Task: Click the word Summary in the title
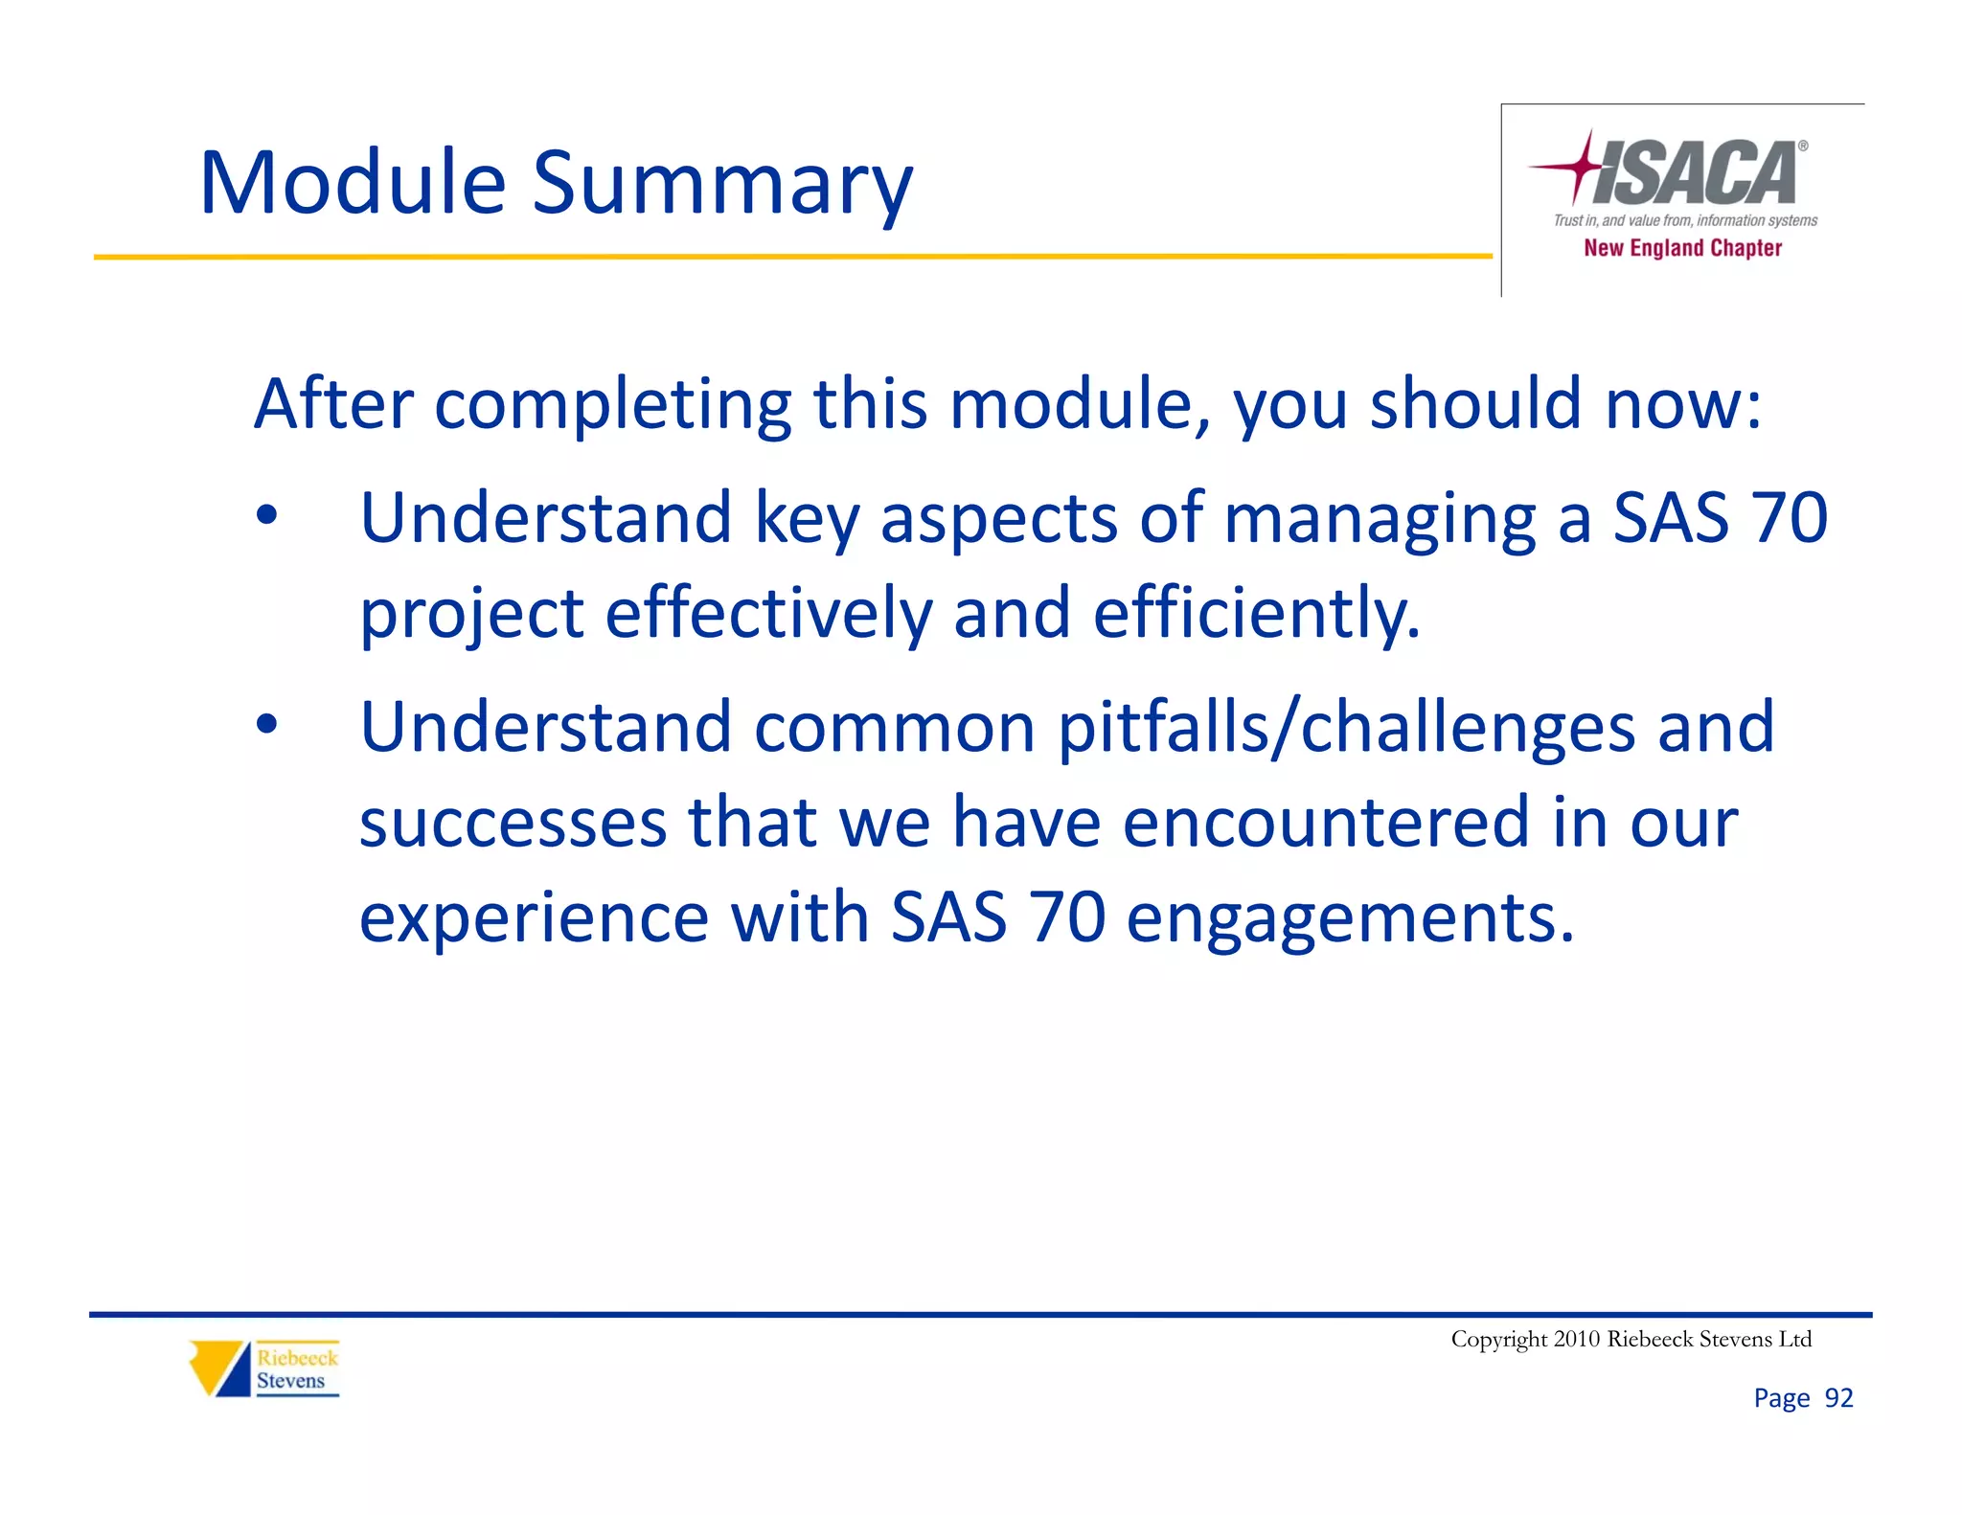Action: pos(722,184)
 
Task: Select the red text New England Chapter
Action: pos(1682,248)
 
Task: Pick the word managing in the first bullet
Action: pos(1380,519)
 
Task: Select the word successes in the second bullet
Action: pos(513,822)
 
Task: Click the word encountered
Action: pos(1325,822)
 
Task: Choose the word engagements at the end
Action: pos(1350,917)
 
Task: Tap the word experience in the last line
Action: pos(534,917)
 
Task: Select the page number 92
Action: pos(1838,1398)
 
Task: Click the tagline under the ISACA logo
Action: pos(1685,220)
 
